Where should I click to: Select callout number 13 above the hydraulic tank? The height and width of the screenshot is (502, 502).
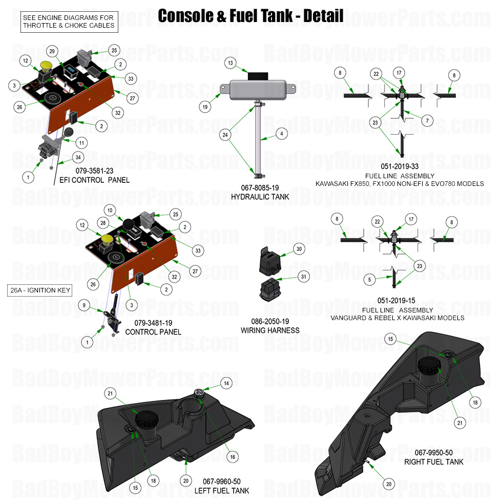(231, 62)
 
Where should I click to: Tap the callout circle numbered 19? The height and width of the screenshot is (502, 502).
(205, 107)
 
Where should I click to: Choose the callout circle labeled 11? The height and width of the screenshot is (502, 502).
(81, 141)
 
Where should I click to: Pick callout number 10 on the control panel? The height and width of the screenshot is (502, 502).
(109, 210)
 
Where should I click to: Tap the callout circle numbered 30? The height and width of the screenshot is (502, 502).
(299, 248)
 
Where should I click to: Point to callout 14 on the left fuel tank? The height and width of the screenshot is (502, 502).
(226, 383)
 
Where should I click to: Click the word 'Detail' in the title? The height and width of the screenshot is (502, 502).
(323, 15)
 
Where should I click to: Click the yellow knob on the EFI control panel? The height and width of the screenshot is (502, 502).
(45, 66)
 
